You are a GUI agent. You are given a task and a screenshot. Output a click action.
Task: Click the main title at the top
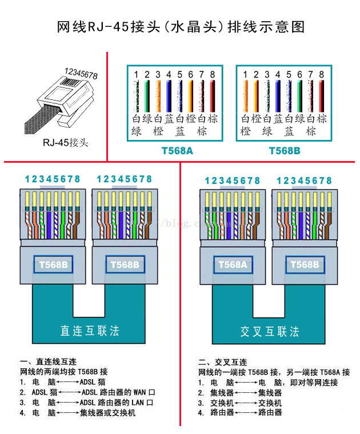pos(180,26)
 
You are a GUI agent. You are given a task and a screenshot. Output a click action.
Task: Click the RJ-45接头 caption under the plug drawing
pos(66,143)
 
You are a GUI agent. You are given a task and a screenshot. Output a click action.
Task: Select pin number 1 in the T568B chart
pos(245,75)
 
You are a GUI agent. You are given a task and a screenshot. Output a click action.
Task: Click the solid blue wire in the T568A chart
pos(169,95)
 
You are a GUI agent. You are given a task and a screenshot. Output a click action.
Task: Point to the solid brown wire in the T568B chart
pos(321,95)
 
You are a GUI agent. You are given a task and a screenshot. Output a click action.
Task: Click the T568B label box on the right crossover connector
pos(305,264)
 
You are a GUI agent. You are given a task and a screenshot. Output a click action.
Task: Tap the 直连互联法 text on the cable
pos(90,331)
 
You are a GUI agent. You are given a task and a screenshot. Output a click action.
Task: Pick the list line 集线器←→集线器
pos(240,392)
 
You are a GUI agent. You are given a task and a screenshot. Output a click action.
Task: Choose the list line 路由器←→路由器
pos(240,412)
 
